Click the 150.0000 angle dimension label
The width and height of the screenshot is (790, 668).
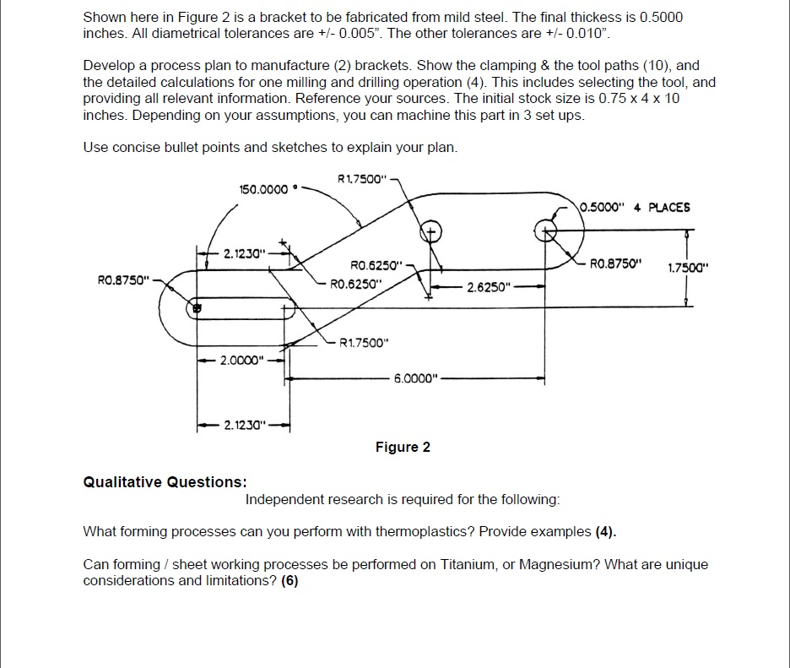coord(265,189)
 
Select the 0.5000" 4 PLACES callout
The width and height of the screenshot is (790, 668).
coord(636,207)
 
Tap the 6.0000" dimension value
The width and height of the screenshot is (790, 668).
coord(417,378)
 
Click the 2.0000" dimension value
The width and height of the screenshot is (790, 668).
coord(242,361)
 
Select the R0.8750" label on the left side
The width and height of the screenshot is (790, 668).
coord(122,276)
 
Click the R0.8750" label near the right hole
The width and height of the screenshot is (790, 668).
coord(616,262)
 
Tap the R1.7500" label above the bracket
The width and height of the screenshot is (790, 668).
coord(361,178)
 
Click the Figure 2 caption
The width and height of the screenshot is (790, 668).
coord(403,447)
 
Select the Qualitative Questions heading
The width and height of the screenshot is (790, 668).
coord(165,482)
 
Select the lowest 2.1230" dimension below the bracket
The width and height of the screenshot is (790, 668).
coord(243,425)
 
